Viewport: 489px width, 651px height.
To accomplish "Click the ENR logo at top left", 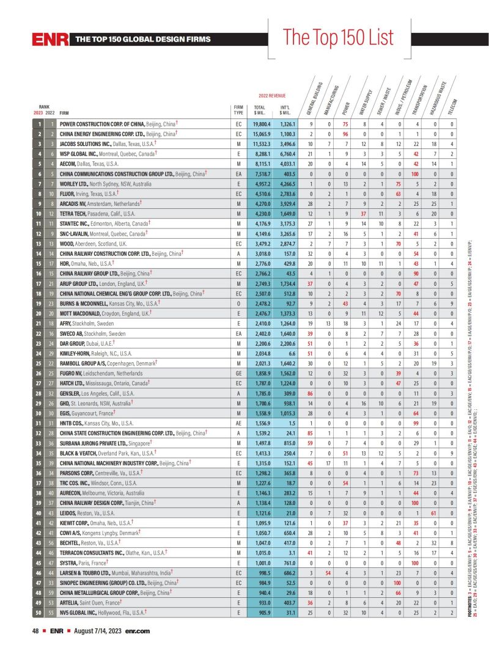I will point(50,40).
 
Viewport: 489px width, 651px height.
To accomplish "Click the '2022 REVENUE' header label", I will point(272,96).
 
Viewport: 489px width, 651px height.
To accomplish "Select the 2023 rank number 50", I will point(39,613).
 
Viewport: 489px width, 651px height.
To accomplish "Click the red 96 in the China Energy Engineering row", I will point(345,134).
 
